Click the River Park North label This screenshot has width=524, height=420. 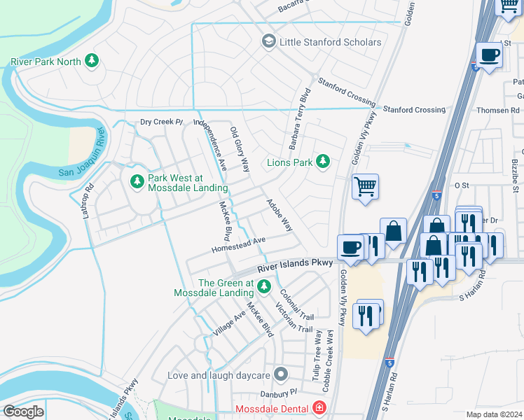(46, 62)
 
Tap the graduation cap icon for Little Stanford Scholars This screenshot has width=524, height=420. (268, 42)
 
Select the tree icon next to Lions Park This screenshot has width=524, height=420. (322, 162)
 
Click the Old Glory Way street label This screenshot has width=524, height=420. (240, 150)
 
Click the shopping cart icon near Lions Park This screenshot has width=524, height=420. (365, 188)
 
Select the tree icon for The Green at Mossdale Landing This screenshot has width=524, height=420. (264, 286)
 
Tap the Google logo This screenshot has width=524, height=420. (23, 412)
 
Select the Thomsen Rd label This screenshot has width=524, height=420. (495, 110)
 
